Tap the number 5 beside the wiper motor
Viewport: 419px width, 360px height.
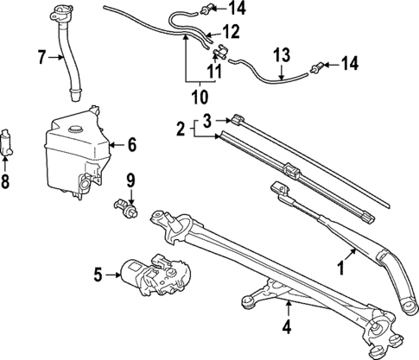tap(98, 275)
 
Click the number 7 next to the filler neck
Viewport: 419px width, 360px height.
tap(41, 58)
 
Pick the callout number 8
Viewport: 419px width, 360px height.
tap(7, 183)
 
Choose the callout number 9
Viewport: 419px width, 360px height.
tap(131, 180)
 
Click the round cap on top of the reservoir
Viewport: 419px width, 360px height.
tap(74, 126)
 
